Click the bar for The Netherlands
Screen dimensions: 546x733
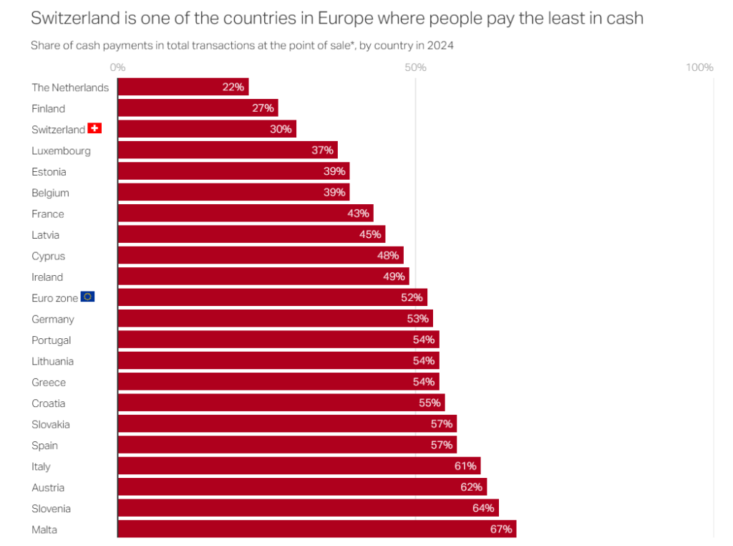(x=183, y=87)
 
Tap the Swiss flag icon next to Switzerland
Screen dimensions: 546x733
(x=94, y=129)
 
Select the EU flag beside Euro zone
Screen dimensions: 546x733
(x=87, y=297)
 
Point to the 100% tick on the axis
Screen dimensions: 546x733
(x=699, y=67)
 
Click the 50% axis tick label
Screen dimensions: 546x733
(x=415, y=67)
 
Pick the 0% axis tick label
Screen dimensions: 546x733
(x=118, y=67)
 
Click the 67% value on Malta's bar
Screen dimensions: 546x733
(x=501, y=530)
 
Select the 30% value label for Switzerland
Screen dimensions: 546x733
(x=281, y=129)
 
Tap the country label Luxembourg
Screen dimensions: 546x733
(x=61, y=150)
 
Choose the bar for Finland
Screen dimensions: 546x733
(x=198, y=108)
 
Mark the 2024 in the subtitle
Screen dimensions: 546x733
(x=440, y=45)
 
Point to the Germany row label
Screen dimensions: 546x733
(x=53, y=319)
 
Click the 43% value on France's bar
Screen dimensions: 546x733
(x=358, y=214)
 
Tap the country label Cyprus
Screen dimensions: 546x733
(x=48, y=256)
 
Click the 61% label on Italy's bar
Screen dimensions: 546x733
(x=465, y=466)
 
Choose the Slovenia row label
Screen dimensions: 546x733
(x=51, y=509)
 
